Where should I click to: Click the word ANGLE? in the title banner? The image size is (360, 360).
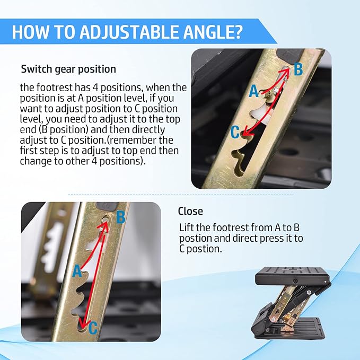tap(213, 32)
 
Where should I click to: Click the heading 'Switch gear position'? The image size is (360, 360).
tap(68, 69)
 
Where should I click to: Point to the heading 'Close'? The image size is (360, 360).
tap(190, 211)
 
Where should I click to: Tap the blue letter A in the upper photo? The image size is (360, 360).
tap(254, 91)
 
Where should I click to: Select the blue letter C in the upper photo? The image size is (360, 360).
tap(235, 132)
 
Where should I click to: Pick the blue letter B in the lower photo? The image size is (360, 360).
tap(121, 217)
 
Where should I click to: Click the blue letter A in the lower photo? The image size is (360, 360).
tap(77, 271)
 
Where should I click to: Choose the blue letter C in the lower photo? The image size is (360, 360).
tap(93, 328)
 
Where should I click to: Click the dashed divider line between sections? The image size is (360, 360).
tap(181, 195)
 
